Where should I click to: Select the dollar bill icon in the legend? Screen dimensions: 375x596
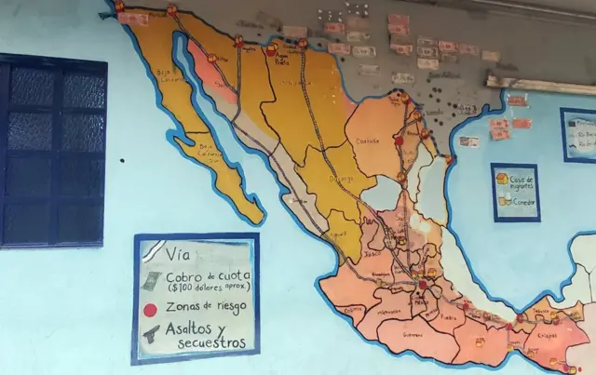click(x=151, y=280)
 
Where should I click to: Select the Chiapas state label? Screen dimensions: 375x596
click(x=547, y=335)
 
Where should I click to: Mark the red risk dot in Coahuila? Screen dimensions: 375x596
click(x=398, y=141)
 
